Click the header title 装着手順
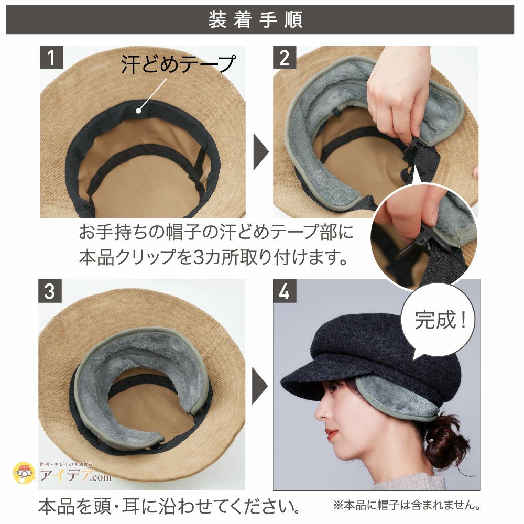click(255, 20)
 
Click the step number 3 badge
click(49, 291)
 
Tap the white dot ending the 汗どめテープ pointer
click(139, 110)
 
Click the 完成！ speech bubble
click(440, 320)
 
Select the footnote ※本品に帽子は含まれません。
click(407, 506)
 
